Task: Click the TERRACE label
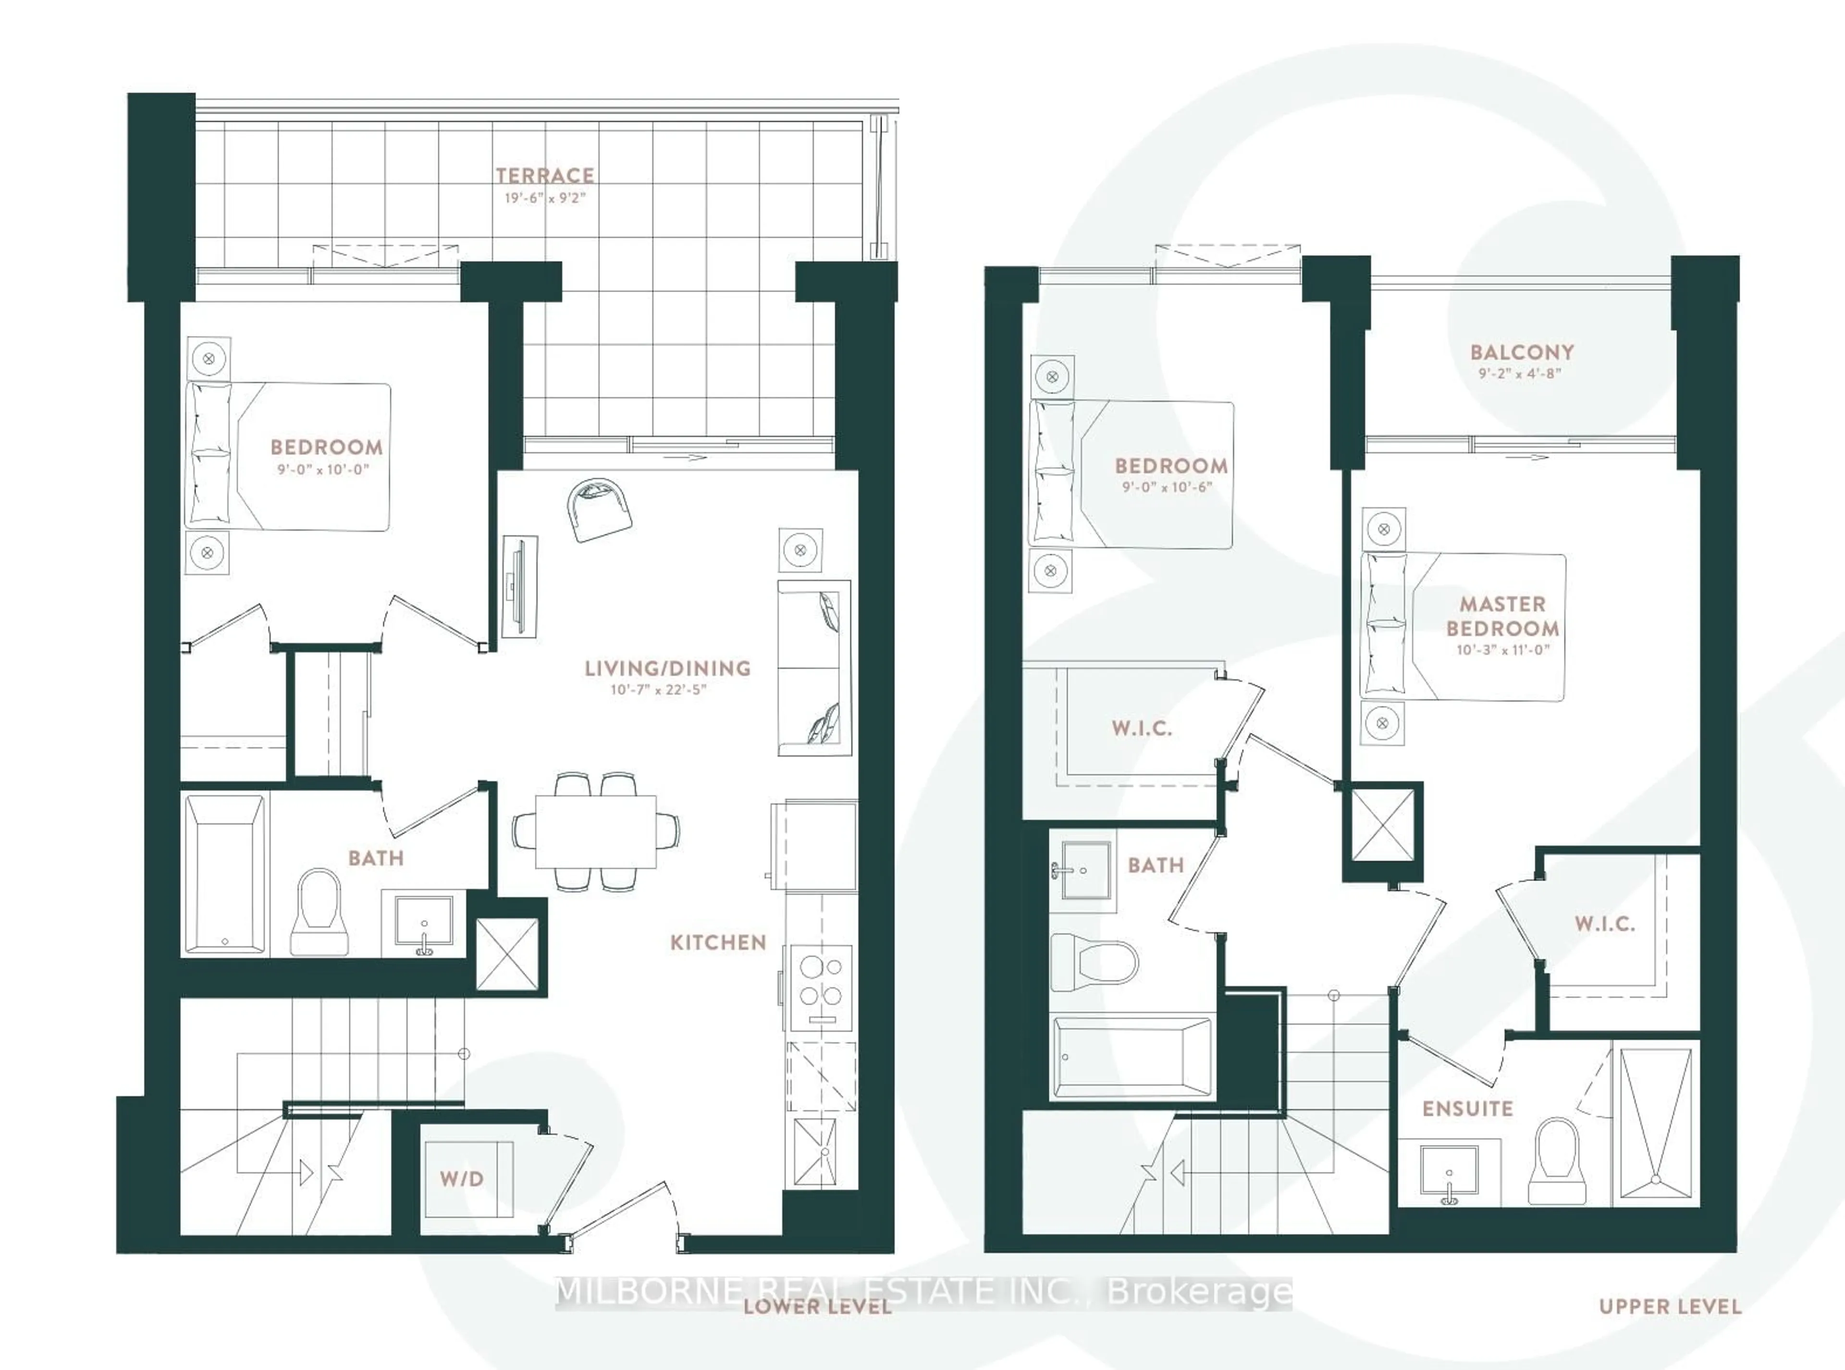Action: pos(545,176)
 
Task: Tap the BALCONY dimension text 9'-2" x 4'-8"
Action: pos(1520,374)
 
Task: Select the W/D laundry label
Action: pos(462,1178)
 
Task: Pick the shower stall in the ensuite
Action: pos(1655,1123)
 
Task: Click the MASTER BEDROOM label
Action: pos(1502,616)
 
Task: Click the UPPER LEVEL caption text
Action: pos(1669,1307)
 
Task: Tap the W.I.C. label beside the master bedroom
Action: pos(1605,924)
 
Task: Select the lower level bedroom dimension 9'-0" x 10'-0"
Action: pos(322,469)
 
